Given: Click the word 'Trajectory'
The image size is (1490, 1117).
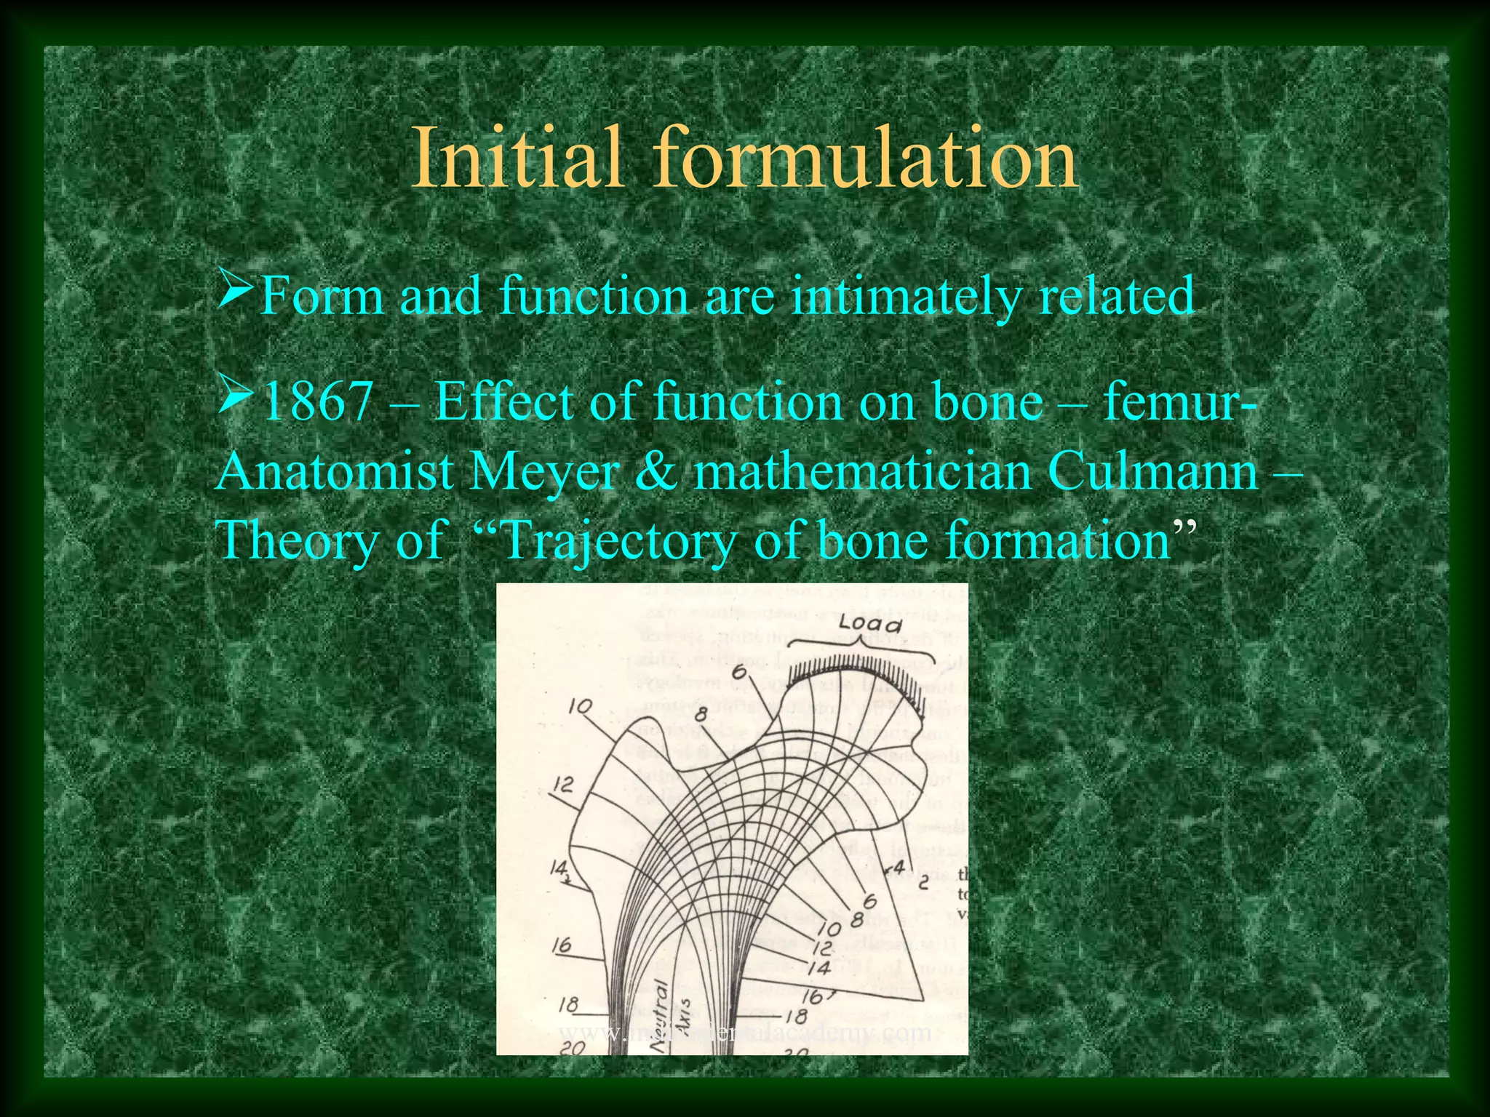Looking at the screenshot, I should tap(618, 542).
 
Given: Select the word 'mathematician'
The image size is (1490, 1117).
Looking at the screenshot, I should tap(862, 472).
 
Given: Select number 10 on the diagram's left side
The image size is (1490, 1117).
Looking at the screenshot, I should tap(581, 705).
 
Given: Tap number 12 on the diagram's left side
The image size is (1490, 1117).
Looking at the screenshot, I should tap(563, 784).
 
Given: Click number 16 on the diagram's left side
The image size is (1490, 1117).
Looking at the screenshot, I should tap(561, 945).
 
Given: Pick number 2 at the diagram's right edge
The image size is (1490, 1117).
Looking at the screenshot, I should tap(923, 884).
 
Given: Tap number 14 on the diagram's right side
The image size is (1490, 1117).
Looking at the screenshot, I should tap(818, 968).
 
